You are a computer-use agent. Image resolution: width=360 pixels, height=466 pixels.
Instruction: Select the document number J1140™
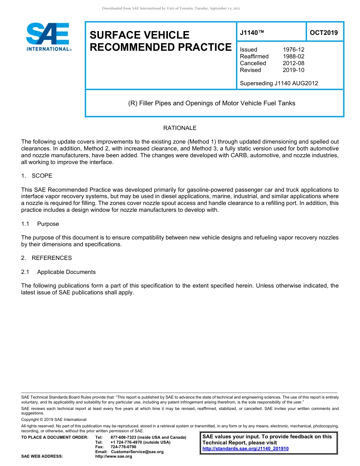(252, 33)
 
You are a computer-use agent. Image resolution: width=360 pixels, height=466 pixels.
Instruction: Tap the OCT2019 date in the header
(324, 33)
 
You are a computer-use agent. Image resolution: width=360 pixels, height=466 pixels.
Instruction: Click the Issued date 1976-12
(293, 50)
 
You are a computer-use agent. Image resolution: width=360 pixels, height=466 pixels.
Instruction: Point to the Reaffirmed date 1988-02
(293, 56)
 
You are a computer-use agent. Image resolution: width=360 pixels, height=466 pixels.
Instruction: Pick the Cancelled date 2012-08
(293, 63)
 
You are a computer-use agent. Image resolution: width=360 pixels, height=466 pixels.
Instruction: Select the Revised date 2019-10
(293, 70)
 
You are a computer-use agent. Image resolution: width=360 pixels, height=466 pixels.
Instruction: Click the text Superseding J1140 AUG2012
(279, 83)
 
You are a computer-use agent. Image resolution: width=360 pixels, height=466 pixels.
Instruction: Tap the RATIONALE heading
(180, 128)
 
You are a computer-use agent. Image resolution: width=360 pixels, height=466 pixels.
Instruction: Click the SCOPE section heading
(42, 176)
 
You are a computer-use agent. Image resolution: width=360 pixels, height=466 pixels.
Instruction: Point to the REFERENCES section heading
(52, 258)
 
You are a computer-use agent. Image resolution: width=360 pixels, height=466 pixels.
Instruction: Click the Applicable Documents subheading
(66, 272)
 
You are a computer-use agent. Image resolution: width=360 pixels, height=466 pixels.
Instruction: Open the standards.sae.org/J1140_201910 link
(246, 449)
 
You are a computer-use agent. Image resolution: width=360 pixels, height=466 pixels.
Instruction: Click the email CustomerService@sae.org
(137, 452)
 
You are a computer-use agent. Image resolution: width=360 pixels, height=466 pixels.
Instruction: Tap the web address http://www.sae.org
(114, 457)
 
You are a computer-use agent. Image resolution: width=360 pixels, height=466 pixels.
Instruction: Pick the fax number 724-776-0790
(124, 447)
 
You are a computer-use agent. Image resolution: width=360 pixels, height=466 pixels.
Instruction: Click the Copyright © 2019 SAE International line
(54, 419)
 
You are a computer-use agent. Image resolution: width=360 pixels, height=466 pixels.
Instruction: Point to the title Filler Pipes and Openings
(211, 103)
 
